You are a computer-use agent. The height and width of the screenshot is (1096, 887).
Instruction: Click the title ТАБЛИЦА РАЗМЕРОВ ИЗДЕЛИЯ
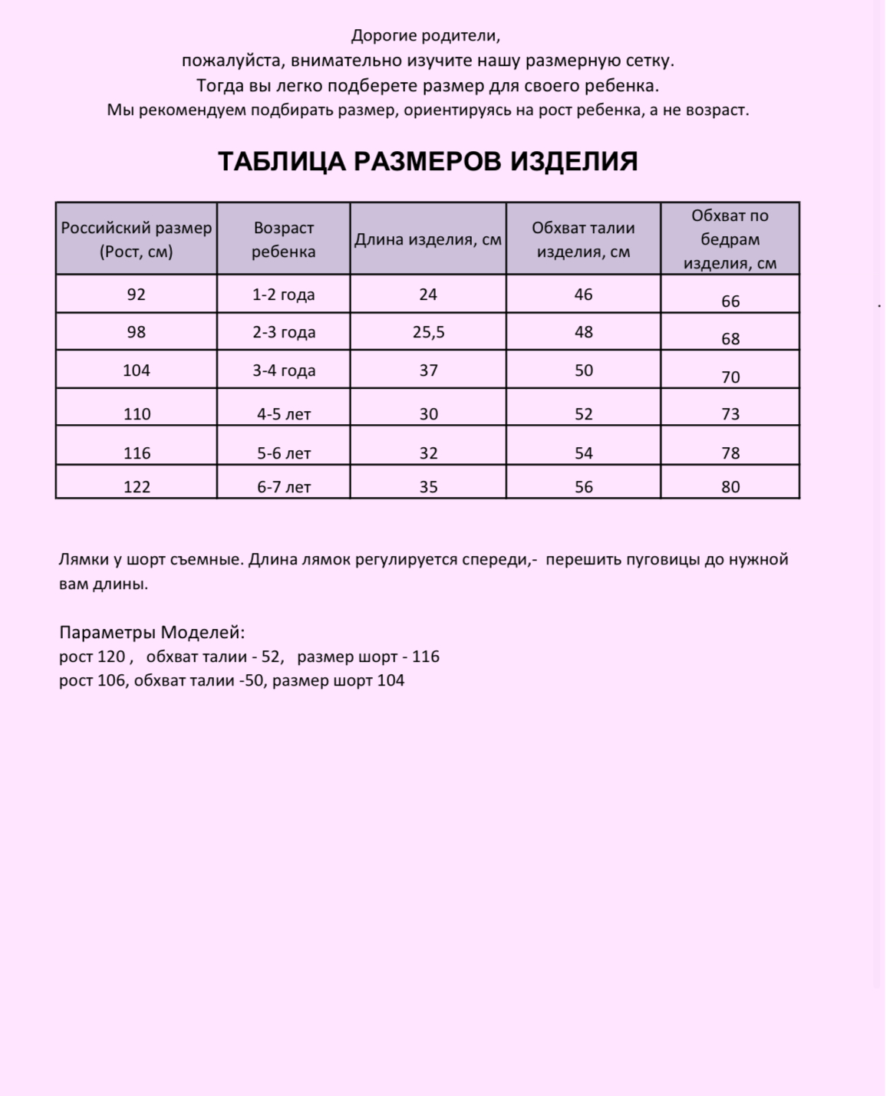(x=427, y=162)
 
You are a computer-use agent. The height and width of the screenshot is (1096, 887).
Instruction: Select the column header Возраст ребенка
(x=283, y=239)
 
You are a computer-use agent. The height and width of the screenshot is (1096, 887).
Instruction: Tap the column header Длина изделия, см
(x=427, y=239)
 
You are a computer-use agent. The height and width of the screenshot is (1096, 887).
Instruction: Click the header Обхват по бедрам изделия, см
(x=730, y=239)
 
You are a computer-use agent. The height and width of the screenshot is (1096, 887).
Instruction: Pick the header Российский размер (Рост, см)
(x=137, y=239)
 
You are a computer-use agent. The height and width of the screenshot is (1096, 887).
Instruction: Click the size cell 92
(x=136, y=295)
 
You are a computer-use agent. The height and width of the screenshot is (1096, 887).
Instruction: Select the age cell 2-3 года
(x=284, y=332)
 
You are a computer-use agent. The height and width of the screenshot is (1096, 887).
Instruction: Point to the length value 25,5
(x=428, y=332)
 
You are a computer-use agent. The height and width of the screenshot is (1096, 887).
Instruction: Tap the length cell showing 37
(x=428, y=370)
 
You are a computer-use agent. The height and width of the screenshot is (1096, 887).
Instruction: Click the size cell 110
(x=137, y=414)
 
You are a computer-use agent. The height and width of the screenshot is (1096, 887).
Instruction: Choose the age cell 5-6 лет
(x=284, y=453)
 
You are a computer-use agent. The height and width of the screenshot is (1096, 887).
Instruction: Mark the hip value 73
(x=730, y=414)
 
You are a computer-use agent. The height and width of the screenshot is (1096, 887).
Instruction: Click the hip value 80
(x=730, y=486)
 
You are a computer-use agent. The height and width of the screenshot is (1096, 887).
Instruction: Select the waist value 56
(x=583, y=486)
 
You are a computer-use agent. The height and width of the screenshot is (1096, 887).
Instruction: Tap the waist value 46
(x=583, y=295)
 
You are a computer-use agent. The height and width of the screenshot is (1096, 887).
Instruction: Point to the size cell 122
(x=137, y=486)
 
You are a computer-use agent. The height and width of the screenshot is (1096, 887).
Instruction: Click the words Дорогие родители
(x=425, y=35)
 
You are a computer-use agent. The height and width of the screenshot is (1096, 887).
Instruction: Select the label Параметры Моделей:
(x=152, y=633)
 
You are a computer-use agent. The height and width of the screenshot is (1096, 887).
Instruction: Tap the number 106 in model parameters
(x=110, y=680)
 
